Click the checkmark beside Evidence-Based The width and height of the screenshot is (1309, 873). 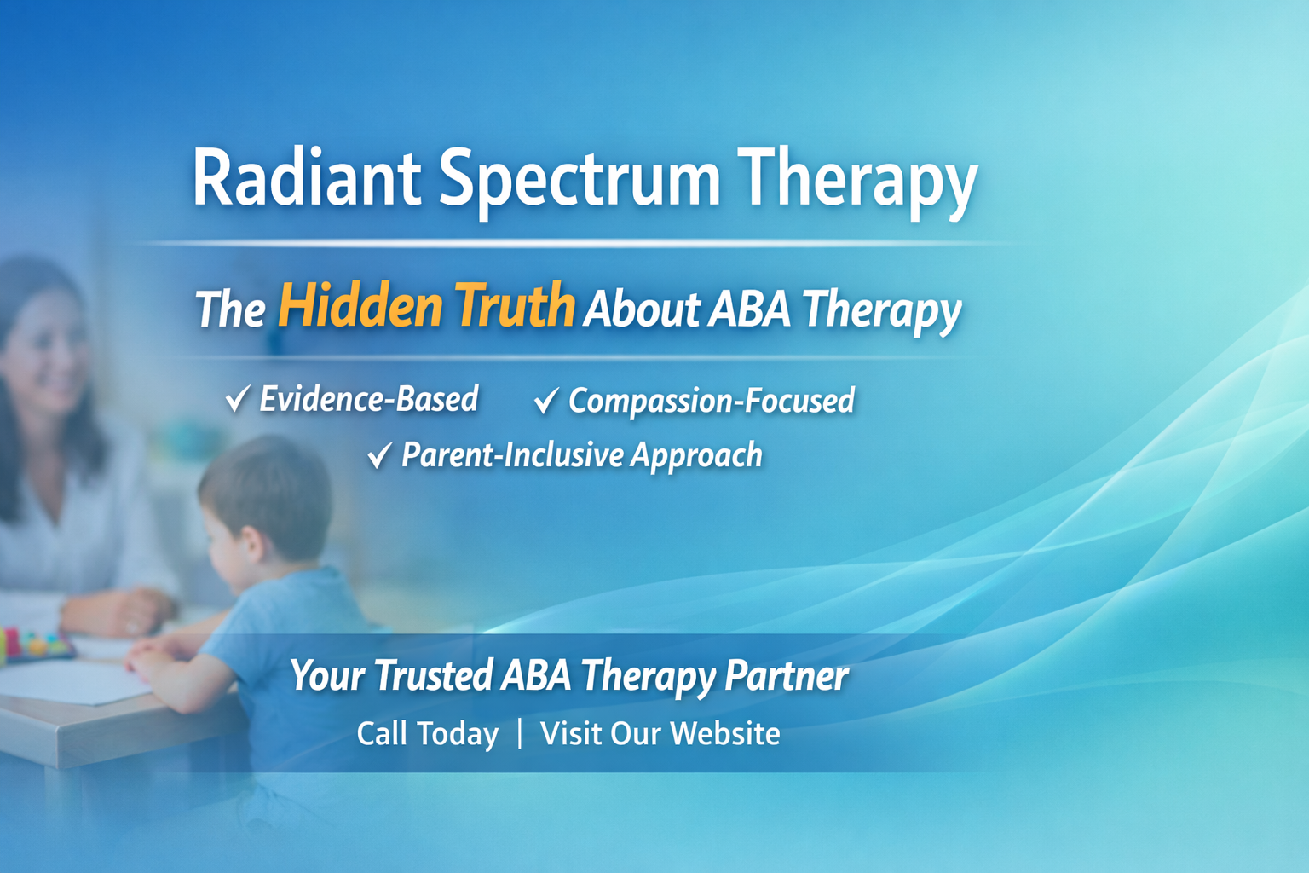pos(238,398)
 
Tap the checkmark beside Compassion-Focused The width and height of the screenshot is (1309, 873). pos(546,400)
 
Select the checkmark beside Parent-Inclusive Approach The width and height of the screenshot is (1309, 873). pos(380,455)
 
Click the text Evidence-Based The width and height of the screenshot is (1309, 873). pos(369,399)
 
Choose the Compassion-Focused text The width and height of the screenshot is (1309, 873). pos(712,401)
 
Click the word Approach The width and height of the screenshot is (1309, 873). pos(696,455)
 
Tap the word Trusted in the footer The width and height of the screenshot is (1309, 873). pos(433,675)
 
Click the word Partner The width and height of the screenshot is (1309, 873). pos(786,675)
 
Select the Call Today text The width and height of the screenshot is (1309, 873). pos(427,733)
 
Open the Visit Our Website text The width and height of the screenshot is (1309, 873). pos(660,733)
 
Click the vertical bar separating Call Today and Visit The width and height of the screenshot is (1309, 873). pos(520,733)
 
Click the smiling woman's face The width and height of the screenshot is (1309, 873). pos(47,350)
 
